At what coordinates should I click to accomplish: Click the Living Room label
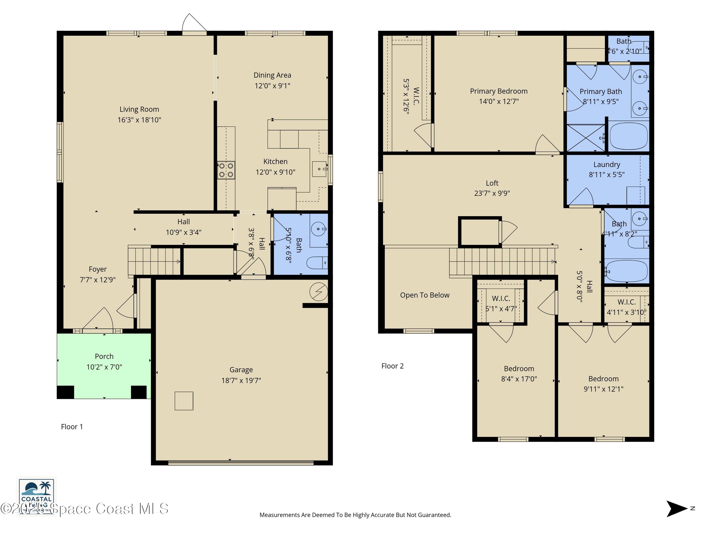139,109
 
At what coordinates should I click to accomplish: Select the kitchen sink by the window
319,169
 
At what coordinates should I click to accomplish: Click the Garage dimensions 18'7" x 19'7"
241,381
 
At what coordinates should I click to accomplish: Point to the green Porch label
104,357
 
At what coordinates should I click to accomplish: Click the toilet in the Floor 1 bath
317,263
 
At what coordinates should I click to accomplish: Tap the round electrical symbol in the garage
319,292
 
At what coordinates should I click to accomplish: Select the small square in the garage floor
184,401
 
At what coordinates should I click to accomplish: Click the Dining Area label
272,75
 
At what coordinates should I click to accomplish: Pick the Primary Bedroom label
499,91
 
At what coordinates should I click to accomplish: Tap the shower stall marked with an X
586,137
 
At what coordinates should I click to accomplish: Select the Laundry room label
606,164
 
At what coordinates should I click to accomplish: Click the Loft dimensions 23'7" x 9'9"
492,193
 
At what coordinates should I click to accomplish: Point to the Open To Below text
425,295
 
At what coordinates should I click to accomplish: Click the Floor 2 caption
392,366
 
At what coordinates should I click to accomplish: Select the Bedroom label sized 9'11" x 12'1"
603,379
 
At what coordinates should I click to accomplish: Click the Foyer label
98,269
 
